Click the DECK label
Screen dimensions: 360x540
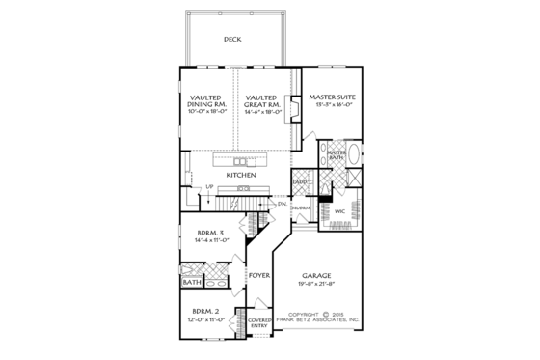231,40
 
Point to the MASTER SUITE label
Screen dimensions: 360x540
330,97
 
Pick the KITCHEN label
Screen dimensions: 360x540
241,175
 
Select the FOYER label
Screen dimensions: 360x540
258,275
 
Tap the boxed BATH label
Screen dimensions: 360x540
192,284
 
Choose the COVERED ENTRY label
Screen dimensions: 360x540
258,322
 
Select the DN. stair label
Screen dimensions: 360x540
283,204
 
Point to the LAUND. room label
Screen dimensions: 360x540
301,180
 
